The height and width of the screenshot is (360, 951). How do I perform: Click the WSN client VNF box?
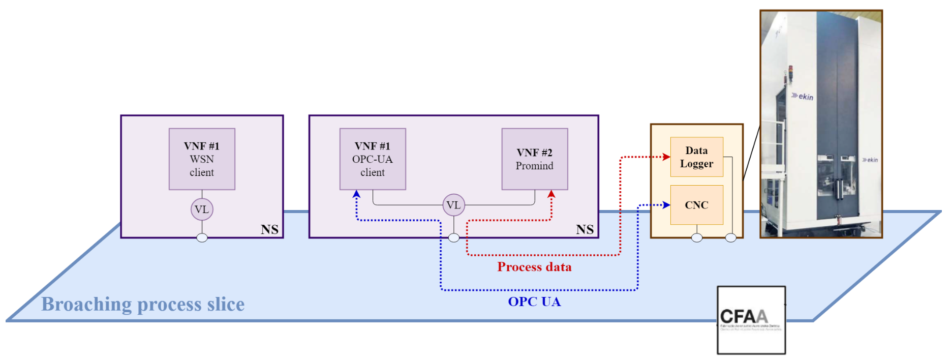click(202, 159)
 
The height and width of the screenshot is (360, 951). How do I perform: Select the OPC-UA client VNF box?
click(373, 159)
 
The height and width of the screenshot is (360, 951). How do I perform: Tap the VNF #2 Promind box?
click(534, 159)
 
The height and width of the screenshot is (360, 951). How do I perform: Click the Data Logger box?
click(696, 157)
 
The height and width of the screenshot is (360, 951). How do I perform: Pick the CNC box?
click(696, 205)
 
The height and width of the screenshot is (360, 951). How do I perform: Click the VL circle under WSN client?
click(202, 209)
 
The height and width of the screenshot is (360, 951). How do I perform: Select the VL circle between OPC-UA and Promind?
click(453, 205)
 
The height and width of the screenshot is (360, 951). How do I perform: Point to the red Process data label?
click(534, 267)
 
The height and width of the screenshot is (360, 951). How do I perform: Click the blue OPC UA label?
click(534, 302)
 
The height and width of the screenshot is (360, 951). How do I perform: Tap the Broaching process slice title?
click(143, 304)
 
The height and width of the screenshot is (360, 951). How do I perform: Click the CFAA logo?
click(751, 320)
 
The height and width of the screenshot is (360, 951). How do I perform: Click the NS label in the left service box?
click(269, 229)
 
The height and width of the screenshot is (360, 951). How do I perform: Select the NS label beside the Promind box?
click(585, 229)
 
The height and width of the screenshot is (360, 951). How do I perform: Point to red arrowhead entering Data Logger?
click(666, 157)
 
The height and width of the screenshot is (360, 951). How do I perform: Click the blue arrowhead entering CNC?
click(666, 205)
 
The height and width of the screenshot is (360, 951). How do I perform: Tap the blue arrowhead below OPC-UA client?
click(356, 194)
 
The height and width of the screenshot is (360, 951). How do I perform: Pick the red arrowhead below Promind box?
click(551, 194)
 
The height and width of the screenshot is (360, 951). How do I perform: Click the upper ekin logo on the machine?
click(803, 96)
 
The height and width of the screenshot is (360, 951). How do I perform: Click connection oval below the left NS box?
click(202, 238)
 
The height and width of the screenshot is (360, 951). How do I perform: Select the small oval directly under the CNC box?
click(697, 238)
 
